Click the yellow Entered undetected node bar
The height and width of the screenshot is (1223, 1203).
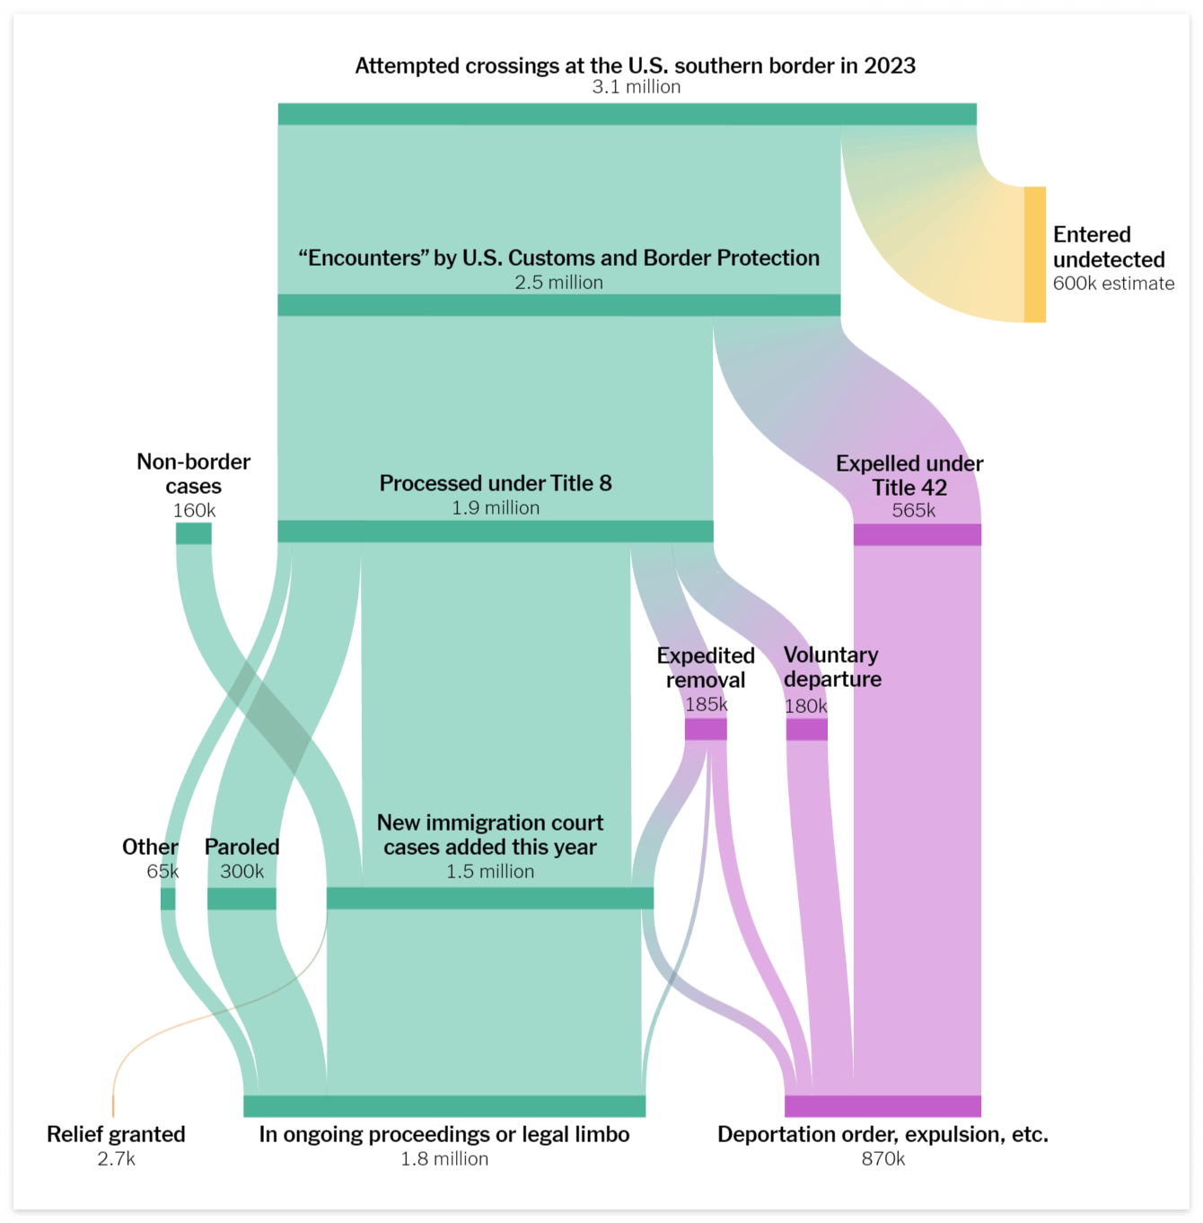(x=1035, y=254)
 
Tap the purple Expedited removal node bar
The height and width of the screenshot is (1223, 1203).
(x=706, y=729)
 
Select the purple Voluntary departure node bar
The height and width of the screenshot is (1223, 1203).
(x=806, y=729)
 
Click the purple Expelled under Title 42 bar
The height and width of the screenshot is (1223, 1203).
(x=917, y=535)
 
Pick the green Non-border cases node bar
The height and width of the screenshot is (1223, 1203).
(x=193, y=533)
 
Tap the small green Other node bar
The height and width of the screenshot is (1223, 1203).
(x=168, y=899)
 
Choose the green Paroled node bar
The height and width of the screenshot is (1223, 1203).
(x=241, y=899)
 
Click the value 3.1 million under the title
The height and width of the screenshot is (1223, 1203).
(x=636, y=87)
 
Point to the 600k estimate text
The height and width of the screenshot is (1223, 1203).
(x=1113, y=284)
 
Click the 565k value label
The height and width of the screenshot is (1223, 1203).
(x=913, y=511)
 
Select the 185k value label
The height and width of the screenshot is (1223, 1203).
(x=707, y=705)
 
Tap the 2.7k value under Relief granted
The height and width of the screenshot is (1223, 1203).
(x=116, y=1159)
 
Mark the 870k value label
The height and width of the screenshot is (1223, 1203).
(x=882, y=1159)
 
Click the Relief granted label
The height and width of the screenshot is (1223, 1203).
(x=116, y=1135)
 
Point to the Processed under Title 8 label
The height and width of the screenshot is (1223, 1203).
(x=496, y=483)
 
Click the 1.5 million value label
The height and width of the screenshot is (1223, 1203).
(x=490, y=872)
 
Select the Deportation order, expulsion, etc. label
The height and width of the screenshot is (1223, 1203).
(x=882, y=1135)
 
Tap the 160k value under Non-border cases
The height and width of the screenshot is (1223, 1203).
(x=194, y=511)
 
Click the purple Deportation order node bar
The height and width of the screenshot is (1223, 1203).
(x=882, y=1106)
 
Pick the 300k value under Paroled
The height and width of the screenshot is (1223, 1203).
(x=241, y=872)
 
